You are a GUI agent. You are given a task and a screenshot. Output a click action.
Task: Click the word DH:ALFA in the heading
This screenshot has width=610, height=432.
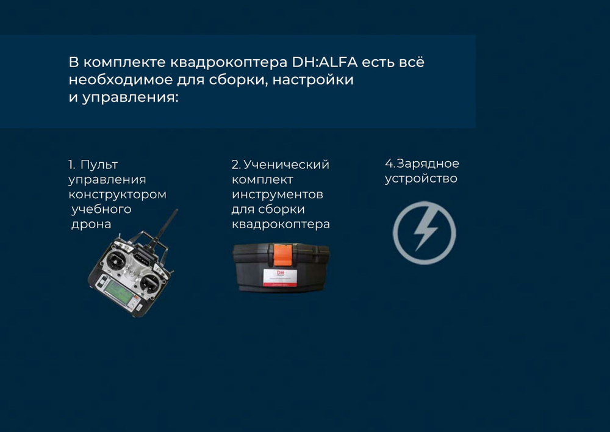pos(325,62)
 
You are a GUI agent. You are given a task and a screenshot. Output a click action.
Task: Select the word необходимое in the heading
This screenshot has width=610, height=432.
pos(121,80)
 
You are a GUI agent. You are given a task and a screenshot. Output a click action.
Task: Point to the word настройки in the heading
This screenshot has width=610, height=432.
pos(313,80)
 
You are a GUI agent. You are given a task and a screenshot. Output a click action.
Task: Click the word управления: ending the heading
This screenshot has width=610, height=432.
pos(130,98)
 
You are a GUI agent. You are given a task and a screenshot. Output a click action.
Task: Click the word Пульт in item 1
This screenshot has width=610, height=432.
pos(99,165)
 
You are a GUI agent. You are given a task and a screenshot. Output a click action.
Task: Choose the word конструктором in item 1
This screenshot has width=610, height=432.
pos(118,195)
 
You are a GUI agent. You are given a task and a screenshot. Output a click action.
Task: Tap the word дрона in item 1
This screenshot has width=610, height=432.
pos(91,224)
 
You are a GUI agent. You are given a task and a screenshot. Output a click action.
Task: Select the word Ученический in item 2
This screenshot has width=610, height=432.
pos(286,165)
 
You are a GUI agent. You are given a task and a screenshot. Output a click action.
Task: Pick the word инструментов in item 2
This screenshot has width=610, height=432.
pos(278,195)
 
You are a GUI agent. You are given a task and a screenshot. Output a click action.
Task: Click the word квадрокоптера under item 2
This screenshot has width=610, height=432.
pos(281,225)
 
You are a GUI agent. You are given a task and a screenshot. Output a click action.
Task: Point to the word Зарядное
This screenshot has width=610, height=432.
pos(428,164)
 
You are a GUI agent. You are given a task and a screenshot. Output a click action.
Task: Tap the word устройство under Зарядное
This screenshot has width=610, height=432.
pos(421,179)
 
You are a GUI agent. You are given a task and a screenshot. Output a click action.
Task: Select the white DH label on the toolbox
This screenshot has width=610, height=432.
pos(280,277)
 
